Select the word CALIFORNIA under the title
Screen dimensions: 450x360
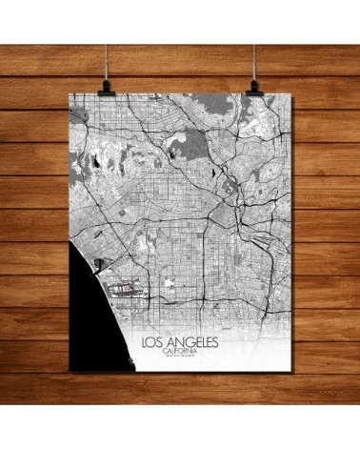(x=179, y=351)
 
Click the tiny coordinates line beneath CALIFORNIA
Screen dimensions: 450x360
(x=179, y=358)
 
